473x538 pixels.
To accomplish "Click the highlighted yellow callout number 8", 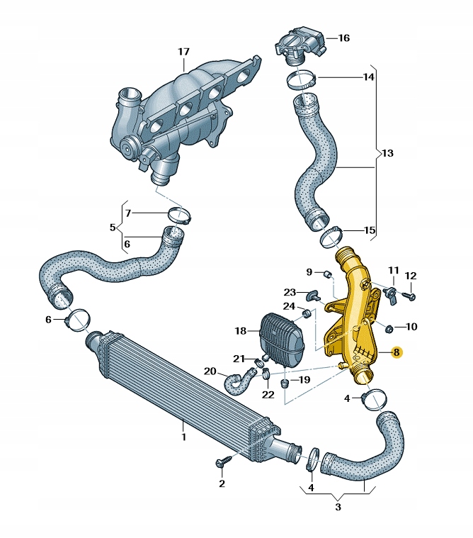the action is coord(397,352).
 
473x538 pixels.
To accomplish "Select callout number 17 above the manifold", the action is coord(183,52).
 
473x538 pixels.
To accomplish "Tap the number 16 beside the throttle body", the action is coord(344,38).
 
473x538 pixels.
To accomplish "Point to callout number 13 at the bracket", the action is coord(387,153).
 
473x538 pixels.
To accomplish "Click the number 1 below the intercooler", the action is coord(183,437).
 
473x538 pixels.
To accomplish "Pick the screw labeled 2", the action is coord(220,463).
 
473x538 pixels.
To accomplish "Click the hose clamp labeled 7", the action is coord(179,215).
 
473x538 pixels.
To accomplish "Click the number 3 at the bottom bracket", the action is coord(338,507).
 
